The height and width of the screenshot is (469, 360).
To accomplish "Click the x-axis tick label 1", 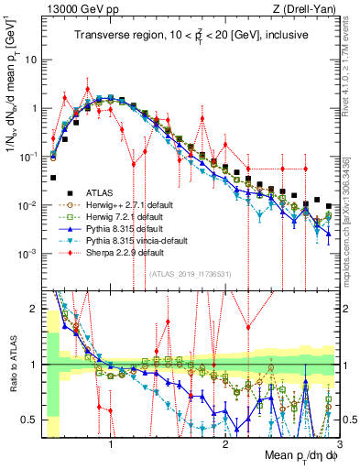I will point(111,444).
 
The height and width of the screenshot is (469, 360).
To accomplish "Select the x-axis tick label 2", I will point(225,444).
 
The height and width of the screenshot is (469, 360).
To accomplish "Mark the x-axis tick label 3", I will point(338,444).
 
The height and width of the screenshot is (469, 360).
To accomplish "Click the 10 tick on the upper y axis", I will point(33,59).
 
